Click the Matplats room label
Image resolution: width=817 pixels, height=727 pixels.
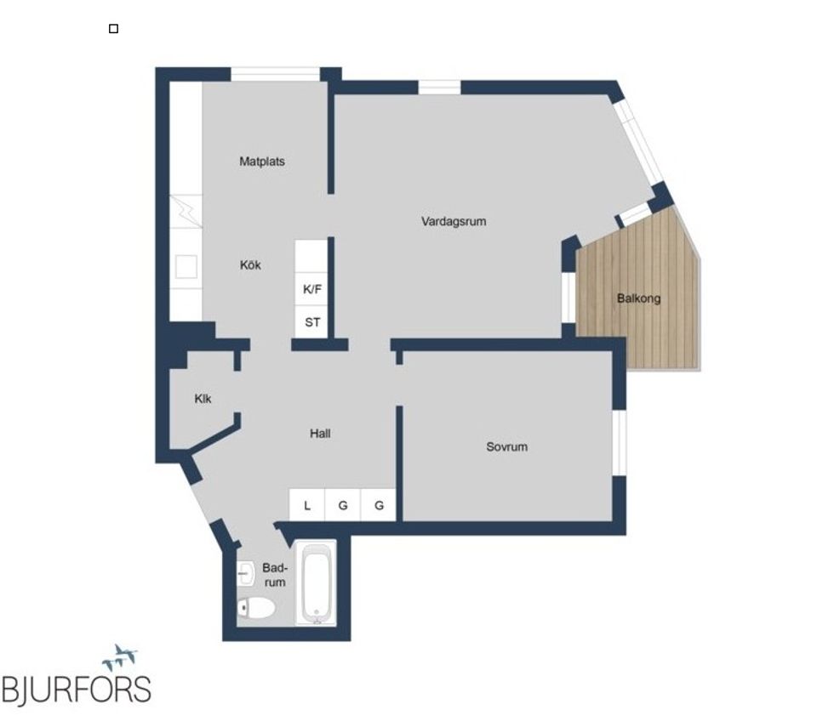(x=262, y=162)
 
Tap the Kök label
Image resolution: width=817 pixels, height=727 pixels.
(x=250, y=265)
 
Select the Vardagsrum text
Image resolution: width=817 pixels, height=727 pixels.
(x=454, y=222)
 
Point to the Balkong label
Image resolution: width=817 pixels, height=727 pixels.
(x=638, y=298)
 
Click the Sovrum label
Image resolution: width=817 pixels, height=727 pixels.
(x=506, y=446)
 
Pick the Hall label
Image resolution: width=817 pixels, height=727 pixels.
(x=320, y=434)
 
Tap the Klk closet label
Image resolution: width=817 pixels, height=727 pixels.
(x=203, y=399)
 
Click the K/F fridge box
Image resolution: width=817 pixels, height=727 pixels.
(x=312, y=289)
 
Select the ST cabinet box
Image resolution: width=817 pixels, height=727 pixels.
(x=312, y=322)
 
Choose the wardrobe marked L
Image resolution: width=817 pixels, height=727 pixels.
(x=307, y=505)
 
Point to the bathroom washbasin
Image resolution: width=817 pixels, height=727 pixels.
(x=246, y=573)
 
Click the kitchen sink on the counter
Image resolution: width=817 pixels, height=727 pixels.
(x=186, y=267)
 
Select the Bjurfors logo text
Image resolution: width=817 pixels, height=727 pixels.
(x=77, y=689)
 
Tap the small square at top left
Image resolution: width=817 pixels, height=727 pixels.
(x=114, y=29)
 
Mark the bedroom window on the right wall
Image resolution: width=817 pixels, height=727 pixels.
(x=620, y=442)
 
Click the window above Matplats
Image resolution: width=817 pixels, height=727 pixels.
(x=275, y=75)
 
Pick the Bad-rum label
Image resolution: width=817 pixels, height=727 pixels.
(x=274, y=575)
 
